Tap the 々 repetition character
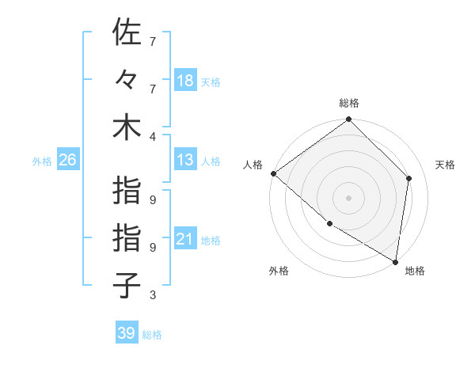(127, 80)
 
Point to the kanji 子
(127, 286)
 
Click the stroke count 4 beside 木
(152, 136)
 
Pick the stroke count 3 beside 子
(152, 295)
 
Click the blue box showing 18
(185, 81)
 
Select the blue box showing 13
(185, 161)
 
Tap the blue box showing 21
(185, 240)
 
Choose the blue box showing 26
(68, 161)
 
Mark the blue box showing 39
(127, 333)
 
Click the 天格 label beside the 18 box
(210, 82)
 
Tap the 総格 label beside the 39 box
(152, 334)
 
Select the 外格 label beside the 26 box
(42, 161)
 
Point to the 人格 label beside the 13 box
(210, 161)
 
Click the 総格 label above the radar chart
(349, 103)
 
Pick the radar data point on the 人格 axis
(273, 173)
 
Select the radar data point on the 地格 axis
(395, 260)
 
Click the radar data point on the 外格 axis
(329, 224)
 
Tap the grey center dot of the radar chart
(349, 197)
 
